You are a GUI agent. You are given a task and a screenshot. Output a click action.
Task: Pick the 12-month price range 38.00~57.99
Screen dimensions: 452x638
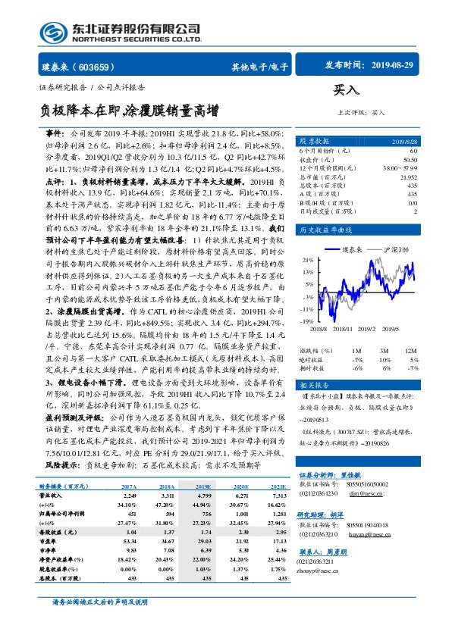[x=400, y=167]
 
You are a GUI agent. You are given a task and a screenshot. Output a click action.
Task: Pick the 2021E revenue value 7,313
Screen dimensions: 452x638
[x=278, y=495]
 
